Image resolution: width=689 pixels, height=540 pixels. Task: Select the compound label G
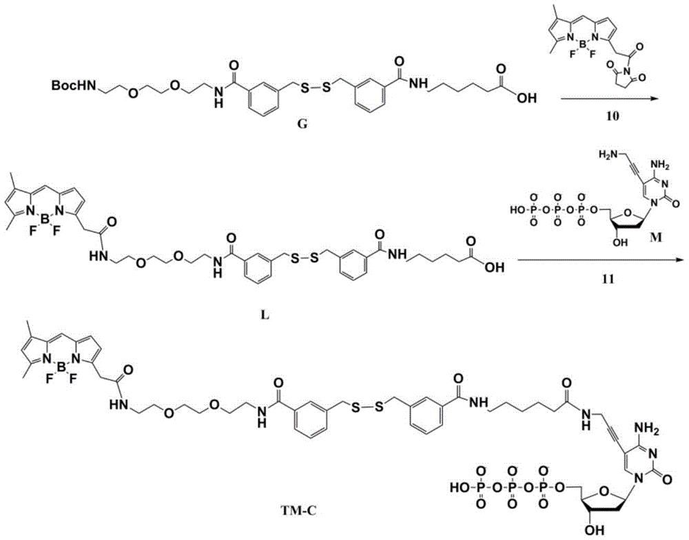(x=302, y=125)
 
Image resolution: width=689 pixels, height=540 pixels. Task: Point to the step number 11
(x=608, y=278)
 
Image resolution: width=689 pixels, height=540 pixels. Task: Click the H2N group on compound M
(x=607, y=154)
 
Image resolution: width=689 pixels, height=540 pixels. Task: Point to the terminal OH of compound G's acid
(x=526, y=98)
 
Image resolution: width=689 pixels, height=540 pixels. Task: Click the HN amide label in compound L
(x=99, y=256)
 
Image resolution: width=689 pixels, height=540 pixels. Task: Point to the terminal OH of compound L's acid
(x=494, y=267)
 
